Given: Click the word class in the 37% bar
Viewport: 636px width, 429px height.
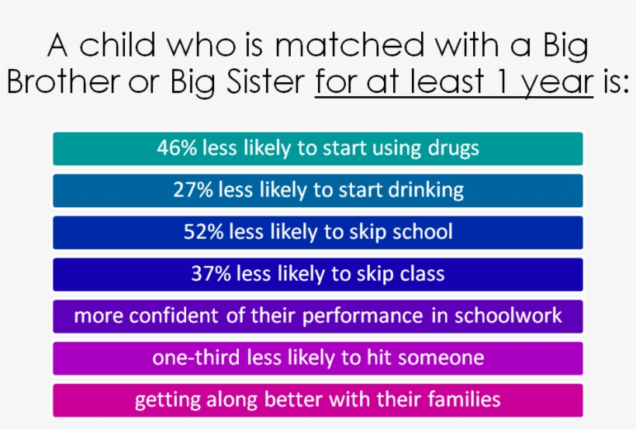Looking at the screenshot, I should pos(421,274).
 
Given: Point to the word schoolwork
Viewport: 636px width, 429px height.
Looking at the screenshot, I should pos(507,316).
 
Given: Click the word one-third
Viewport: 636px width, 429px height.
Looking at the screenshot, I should pos(193,358).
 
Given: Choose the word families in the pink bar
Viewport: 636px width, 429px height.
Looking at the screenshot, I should pos(461,400).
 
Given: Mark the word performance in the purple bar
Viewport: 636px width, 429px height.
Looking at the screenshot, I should pos(363,317).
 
